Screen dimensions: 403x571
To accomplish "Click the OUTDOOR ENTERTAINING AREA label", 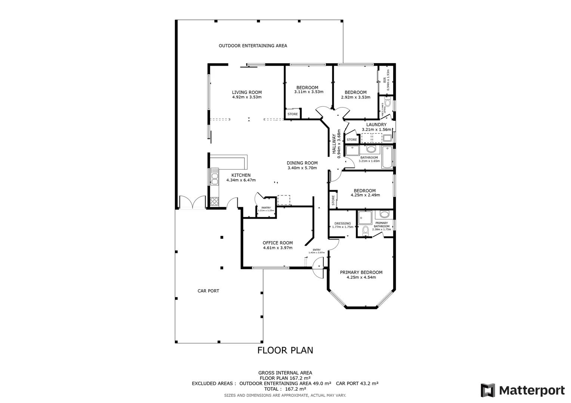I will tap(253, 46).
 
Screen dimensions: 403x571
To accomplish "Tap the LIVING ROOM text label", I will tap(247, 93).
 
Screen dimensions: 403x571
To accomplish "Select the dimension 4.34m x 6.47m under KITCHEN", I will tap(241, 180).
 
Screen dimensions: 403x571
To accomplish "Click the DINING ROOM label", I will tap(302, 163).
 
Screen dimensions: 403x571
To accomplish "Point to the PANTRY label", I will tap(266, 208).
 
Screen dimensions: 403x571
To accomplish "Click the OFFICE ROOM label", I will tap(278, 243).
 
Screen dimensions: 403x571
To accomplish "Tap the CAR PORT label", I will tap(208, 291).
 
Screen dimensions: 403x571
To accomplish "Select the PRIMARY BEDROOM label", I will tap(361, 272).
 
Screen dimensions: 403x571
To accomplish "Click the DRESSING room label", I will tap(342, 224).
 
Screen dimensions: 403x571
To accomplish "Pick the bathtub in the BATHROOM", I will tap(387, 157).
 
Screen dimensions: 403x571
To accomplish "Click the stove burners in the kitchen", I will tap(214, 201).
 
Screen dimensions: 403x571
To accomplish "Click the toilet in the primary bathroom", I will tap(365, 232).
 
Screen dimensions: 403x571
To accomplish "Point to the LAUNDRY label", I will tap(376, 125).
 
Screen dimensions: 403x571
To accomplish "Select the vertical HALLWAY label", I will tap(334, 144).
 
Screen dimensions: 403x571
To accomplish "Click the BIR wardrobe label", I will tap(385, 80).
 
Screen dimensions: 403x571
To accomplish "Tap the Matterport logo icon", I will tap(488, 390).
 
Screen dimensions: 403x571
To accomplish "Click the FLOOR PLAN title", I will tap(285, 350).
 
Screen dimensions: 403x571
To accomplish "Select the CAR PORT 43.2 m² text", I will tap(357, 383).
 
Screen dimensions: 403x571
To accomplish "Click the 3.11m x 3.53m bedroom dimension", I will tap(309, 92).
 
